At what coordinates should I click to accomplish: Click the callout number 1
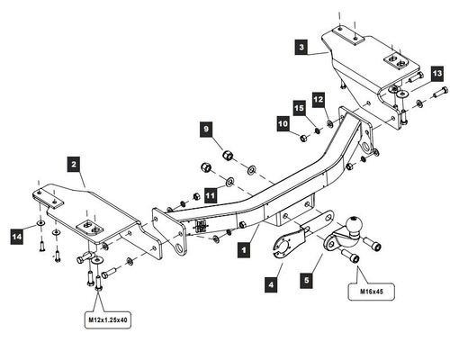tap(244, 249)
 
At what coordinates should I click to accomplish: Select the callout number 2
tap(74, 164)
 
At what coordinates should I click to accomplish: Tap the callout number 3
tap(301, 47)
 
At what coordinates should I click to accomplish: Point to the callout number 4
tap(271, 284)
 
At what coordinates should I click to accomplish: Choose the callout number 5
tap(307, 281)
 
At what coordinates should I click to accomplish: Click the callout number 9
tap(206, 129)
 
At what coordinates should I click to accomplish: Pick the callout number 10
tap(283, 123)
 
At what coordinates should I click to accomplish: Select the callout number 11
tap(211, 195)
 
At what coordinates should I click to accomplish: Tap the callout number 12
tap(319, 99)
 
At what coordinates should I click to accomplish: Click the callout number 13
tap(437, 74)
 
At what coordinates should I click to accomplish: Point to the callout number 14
tap(17, 237)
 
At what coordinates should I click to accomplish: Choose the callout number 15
tap(299, 108)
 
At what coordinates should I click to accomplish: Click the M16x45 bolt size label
tap(372, 292)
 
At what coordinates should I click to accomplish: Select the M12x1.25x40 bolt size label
tap(108, 320)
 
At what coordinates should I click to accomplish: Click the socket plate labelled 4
tap(288, 244)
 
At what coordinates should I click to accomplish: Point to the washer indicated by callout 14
tap(40, 223)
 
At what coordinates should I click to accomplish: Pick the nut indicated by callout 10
tap(303, 139)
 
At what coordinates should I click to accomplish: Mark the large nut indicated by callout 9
tap(228, 155)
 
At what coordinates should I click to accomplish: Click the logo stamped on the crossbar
tap(201, 226)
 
